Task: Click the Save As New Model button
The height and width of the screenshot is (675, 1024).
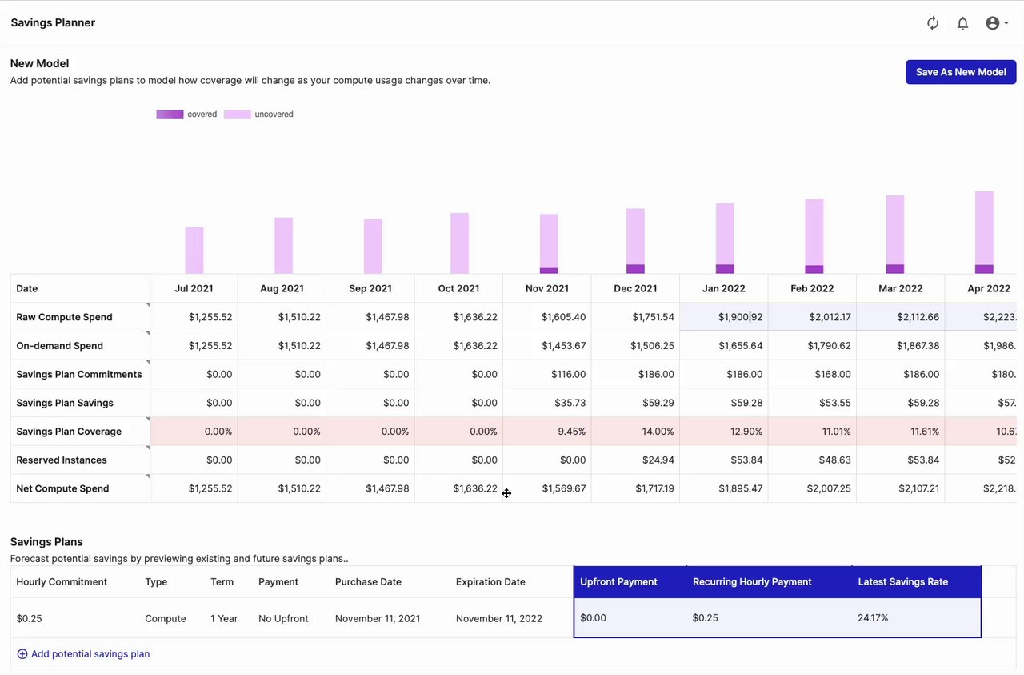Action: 961,72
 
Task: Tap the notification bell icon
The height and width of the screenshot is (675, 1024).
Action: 962,23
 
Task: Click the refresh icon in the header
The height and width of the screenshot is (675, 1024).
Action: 933,23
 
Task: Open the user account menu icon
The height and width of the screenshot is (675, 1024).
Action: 996,23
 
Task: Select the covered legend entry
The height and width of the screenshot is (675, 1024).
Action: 186,115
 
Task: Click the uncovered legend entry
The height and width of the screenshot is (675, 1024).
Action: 258,115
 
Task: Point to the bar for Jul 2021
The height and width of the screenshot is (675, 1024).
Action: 194,250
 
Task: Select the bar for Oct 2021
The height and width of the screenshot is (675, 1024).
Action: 459,243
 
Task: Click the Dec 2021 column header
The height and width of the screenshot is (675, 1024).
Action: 635,288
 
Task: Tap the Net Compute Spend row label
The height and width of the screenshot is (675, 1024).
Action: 62,488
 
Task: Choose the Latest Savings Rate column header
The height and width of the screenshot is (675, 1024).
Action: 902,582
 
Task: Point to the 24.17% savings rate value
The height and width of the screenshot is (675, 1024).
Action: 873,618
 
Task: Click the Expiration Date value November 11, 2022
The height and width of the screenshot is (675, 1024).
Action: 499,618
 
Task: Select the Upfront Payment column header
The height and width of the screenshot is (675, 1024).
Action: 618,582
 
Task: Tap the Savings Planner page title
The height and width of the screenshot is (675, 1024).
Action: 53,23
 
